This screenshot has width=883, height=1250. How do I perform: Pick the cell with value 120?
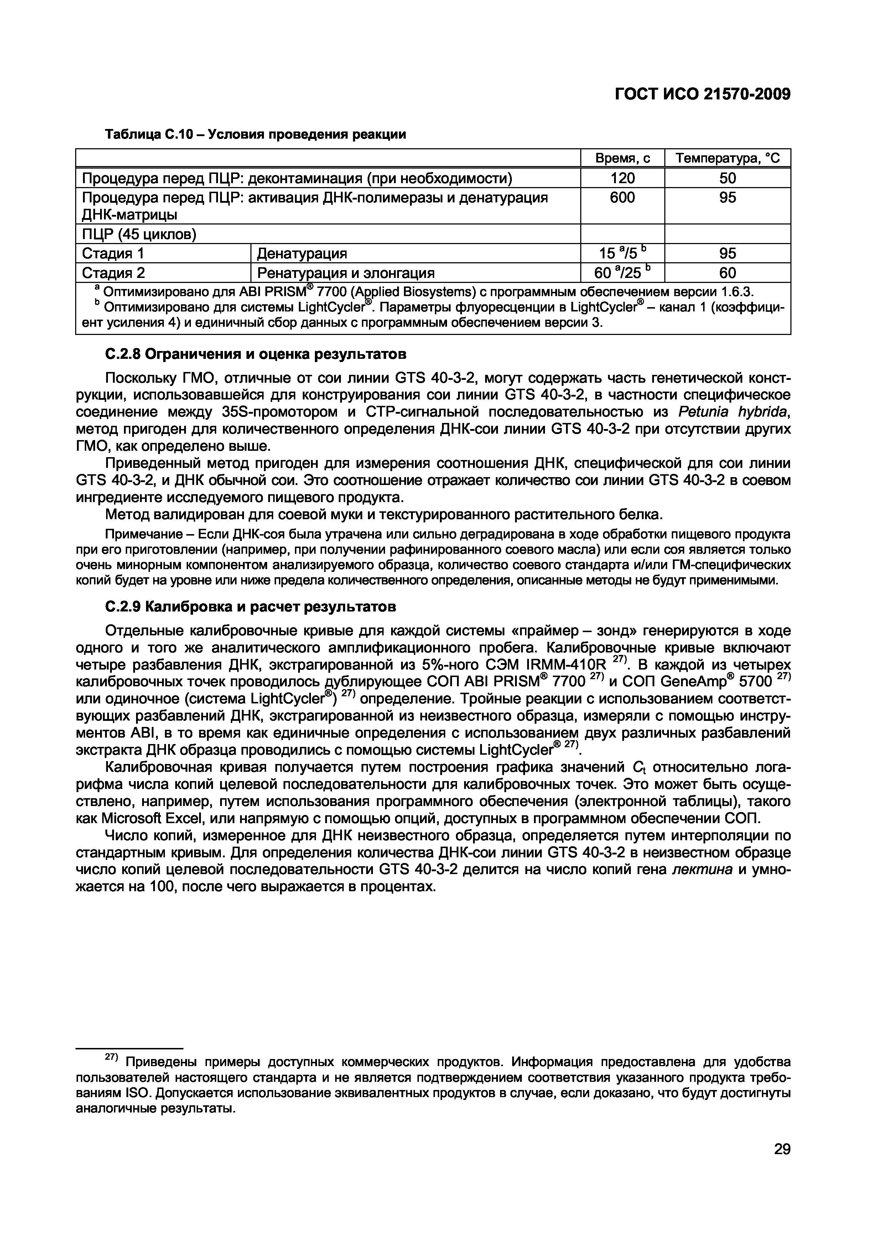[x=622, y=178]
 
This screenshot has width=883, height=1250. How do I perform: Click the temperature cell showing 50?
[x=727, y=178]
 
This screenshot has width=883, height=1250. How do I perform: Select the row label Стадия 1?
[x=114, y=253]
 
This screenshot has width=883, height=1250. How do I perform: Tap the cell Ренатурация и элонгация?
[x=346, y=273]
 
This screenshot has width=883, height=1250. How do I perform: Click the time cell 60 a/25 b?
[x=622, y=272]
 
